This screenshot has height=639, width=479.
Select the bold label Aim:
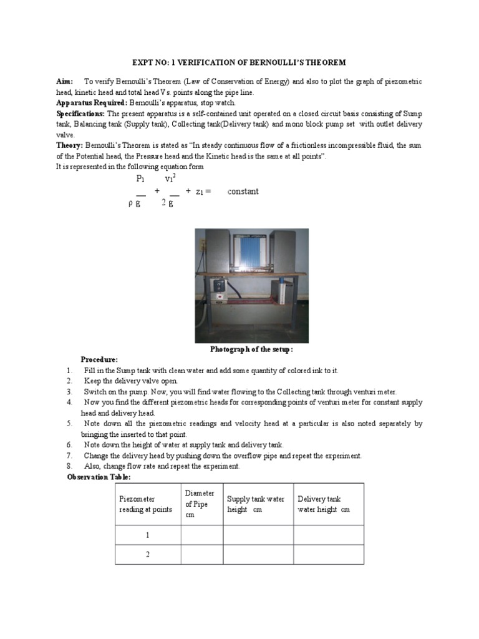point(65,82)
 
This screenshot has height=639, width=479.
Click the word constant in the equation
point(243,191)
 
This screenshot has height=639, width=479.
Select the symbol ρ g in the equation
point(134,203)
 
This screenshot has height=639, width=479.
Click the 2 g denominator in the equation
point(167,203)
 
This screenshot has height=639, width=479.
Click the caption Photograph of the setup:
point(243,349)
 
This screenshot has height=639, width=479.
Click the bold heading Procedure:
point(99,360)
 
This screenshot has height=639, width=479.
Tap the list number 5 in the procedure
point(70,424)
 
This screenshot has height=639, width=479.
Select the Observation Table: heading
point(99,477)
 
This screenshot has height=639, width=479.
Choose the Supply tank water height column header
point(256,504)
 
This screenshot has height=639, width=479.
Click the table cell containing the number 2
point(148,554)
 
